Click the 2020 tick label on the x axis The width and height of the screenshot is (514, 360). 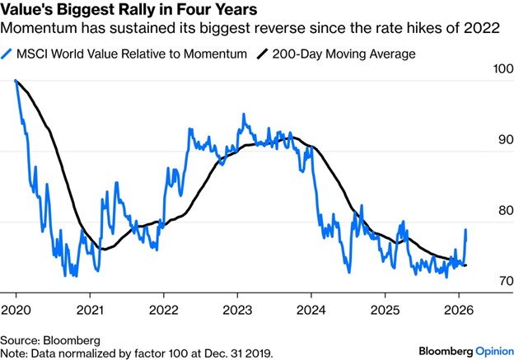click(x=16, y=313)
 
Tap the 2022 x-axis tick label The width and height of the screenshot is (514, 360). click(x=163, y=313)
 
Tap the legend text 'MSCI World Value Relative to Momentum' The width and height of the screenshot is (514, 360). click(x=128, y=54)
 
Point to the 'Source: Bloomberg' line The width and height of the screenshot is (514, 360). click(x=49, y=339)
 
